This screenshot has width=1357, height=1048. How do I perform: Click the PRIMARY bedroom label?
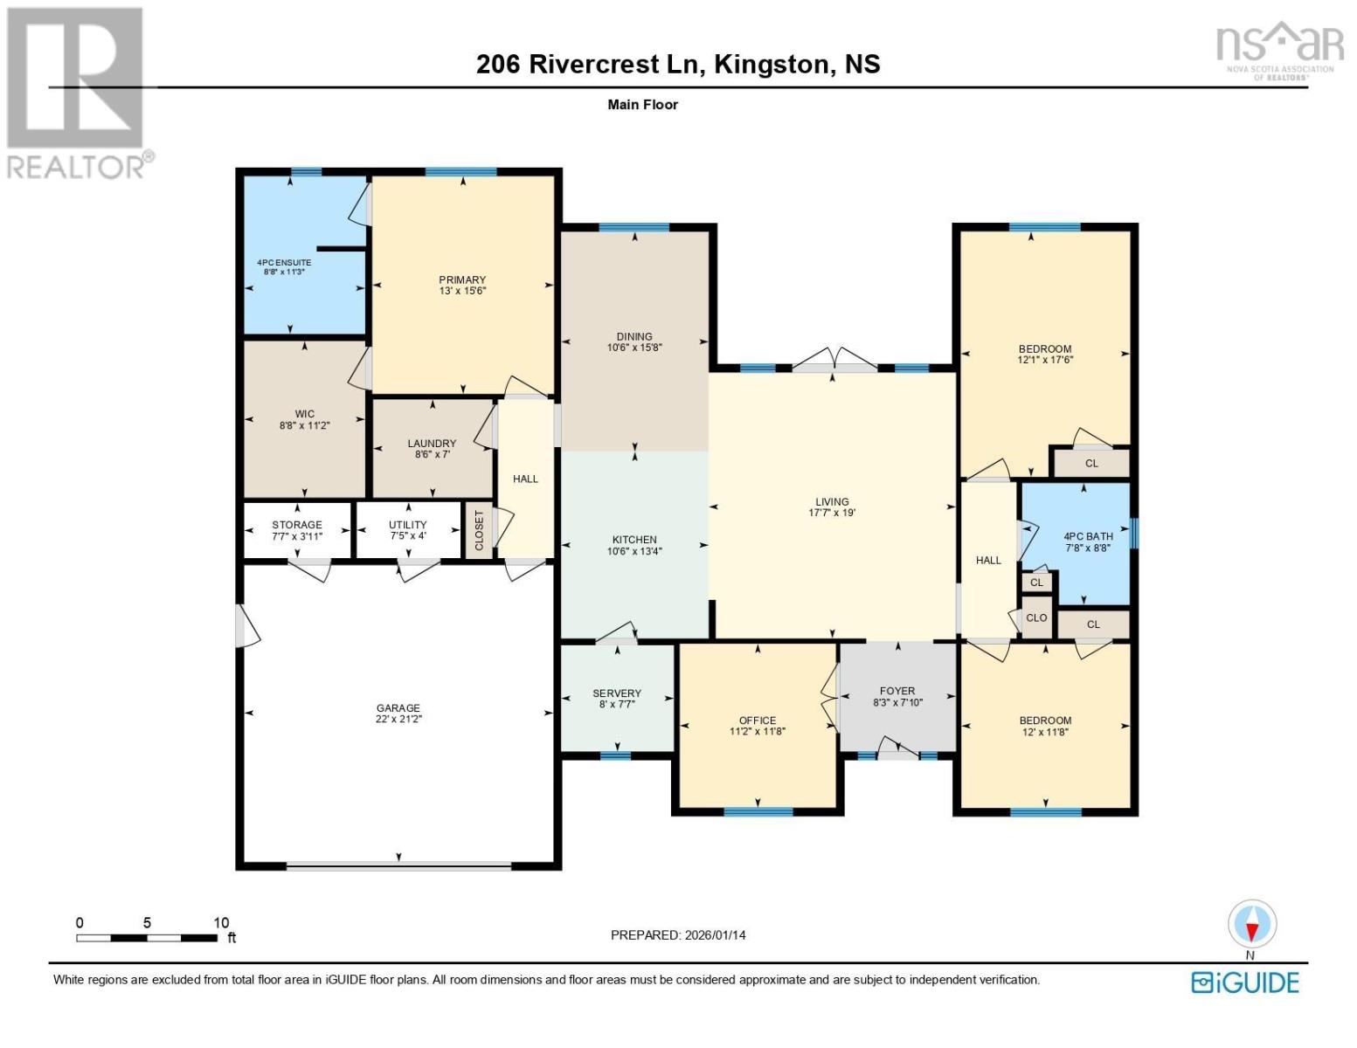coord(461,279)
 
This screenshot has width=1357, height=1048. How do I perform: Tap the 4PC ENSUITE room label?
coord(283,262)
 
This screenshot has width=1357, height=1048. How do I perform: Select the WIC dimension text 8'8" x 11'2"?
coord(304,425)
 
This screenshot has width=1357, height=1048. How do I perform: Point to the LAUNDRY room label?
coord(432,443)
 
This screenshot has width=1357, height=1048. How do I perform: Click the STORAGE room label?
coord(297,525)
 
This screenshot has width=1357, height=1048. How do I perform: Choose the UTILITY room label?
coord(407,525)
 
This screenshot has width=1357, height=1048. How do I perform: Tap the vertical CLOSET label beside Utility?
coord(479,530)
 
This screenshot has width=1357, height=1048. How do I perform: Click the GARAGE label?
coord(398,707)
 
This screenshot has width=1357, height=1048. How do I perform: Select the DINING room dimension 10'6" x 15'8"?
coord(634,348)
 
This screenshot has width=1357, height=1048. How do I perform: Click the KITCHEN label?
coord(634,540)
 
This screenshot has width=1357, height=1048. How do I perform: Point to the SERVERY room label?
coord(617,693)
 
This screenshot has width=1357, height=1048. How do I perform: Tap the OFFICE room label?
coord(758,720)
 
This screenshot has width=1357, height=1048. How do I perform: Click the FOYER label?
coord(897,690)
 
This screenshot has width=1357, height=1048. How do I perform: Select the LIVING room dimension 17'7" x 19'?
coord(832,514)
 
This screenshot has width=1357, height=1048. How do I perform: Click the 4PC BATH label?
coord(1088,536)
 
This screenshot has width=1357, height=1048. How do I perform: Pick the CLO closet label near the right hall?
coord(1036,617)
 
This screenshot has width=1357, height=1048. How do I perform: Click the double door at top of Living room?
coord(834,360)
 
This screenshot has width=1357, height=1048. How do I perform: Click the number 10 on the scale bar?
coord(221,922)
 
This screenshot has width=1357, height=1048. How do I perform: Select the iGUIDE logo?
coord(1245,982)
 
